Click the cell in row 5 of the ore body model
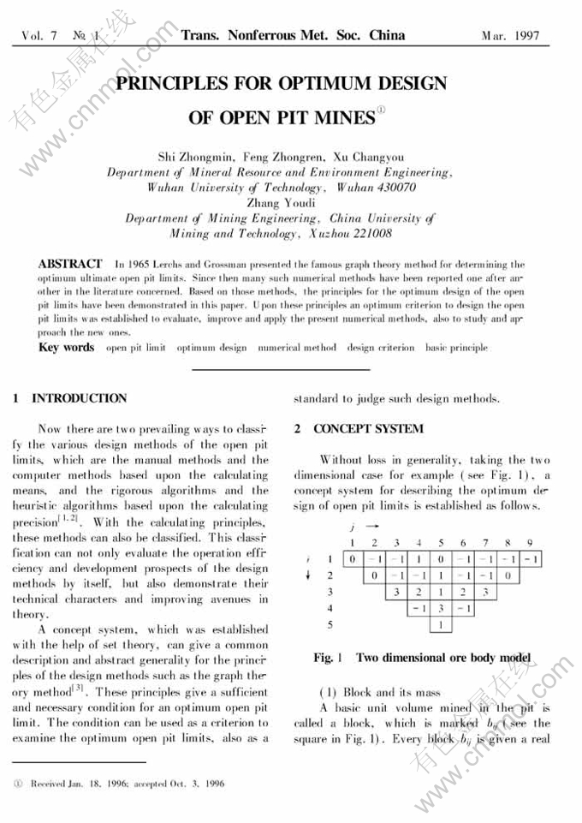[440, 625]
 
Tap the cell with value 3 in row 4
[440, 608]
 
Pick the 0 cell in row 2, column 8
[508, 576]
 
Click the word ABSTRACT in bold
[70, 264]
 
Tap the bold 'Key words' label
[66, 348]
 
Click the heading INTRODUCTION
[79, 398]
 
